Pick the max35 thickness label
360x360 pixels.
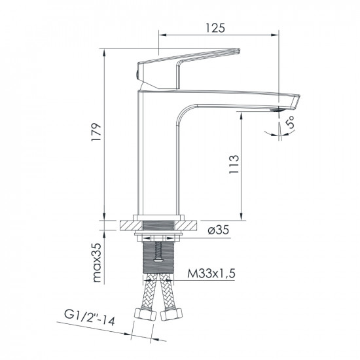point(96,262)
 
